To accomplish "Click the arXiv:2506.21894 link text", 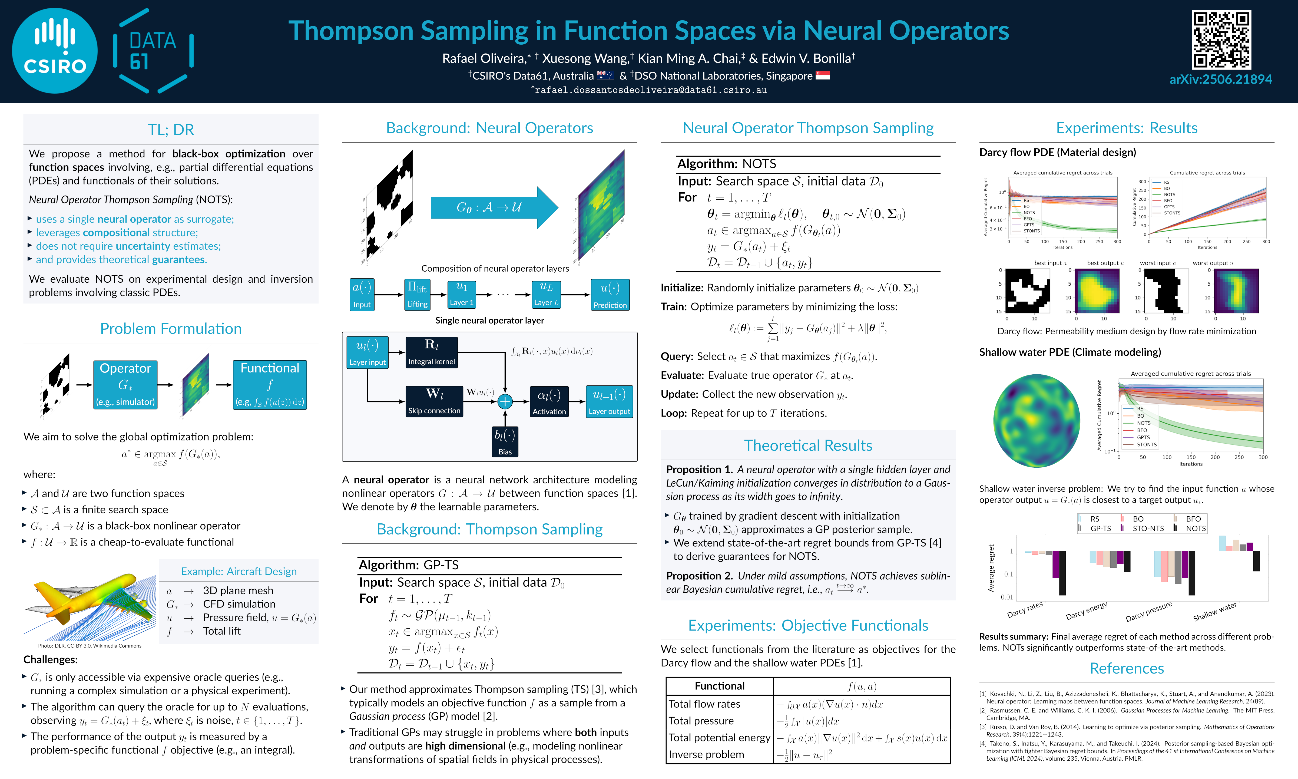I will [x=1220, y=79].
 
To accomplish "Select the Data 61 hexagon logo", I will [x=153, y=51].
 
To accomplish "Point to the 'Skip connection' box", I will [x=434, y=402].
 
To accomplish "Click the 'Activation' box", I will [x=549, y=402].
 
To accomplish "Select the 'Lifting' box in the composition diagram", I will [x=417, y=294].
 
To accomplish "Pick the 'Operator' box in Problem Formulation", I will [x=125, y=384].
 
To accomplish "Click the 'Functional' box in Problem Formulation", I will [x=270, y=384].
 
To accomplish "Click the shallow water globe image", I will [x=1037, y=417].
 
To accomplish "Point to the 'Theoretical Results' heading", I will [x=808, y=445].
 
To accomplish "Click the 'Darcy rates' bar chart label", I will [x=1025, y=609].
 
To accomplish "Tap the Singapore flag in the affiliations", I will [x=822, y=75].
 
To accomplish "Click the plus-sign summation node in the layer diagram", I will [x=505, y=402].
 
